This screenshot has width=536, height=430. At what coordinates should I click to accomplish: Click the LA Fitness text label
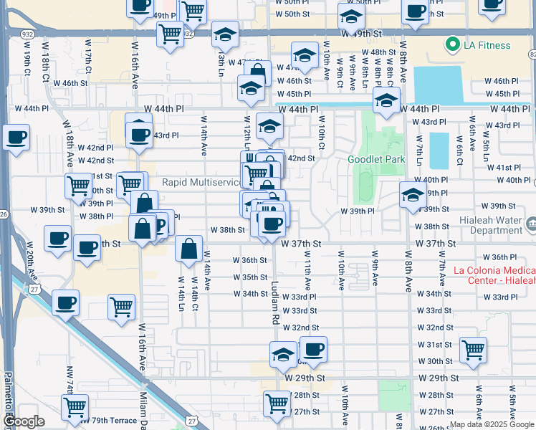487,46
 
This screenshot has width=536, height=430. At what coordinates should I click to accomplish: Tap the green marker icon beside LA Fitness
452,46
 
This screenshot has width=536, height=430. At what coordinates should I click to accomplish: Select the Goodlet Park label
376,159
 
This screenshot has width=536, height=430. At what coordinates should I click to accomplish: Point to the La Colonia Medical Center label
494,276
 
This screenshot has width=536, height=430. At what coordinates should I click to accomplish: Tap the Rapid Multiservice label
201,182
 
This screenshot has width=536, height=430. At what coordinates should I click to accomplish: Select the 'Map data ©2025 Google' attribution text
491,424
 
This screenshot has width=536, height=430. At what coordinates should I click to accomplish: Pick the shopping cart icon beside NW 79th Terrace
75,407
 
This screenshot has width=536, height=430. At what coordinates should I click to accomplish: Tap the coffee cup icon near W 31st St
313,349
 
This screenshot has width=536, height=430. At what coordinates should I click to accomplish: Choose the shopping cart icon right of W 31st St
474,349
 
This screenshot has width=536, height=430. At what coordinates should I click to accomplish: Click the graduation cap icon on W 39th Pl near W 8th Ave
413,194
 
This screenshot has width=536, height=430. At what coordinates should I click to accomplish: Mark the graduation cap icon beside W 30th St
284,354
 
